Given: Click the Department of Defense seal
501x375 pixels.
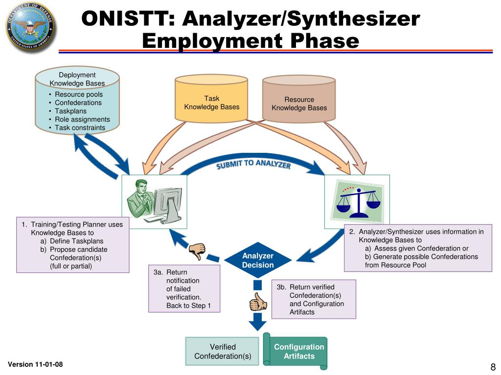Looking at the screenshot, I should point(31,27).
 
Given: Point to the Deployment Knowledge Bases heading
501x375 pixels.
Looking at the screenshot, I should point(77,79).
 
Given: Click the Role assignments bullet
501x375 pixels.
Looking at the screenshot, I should point(82,120).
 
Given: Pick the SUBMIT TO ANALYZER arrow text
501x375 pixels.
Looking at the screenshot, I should point(253,165).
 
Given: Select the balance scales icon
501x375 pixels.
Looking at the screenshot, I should point(357,201).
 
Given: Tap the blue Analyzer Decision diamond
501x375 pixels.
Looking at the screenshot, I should point(258,260).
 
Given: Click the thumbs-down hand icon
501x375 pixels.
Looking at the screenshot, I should point(197,250).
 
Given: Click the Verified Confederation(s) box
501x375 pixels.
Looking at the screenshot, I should point(223,352).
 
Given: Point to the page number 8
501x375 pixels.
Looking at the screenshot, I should point(493,367).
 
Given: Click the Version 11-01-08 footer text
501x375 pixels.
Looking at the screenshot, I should point(35,365).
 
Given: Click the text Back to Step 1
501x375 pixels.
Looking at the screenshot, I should point(188,306).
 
